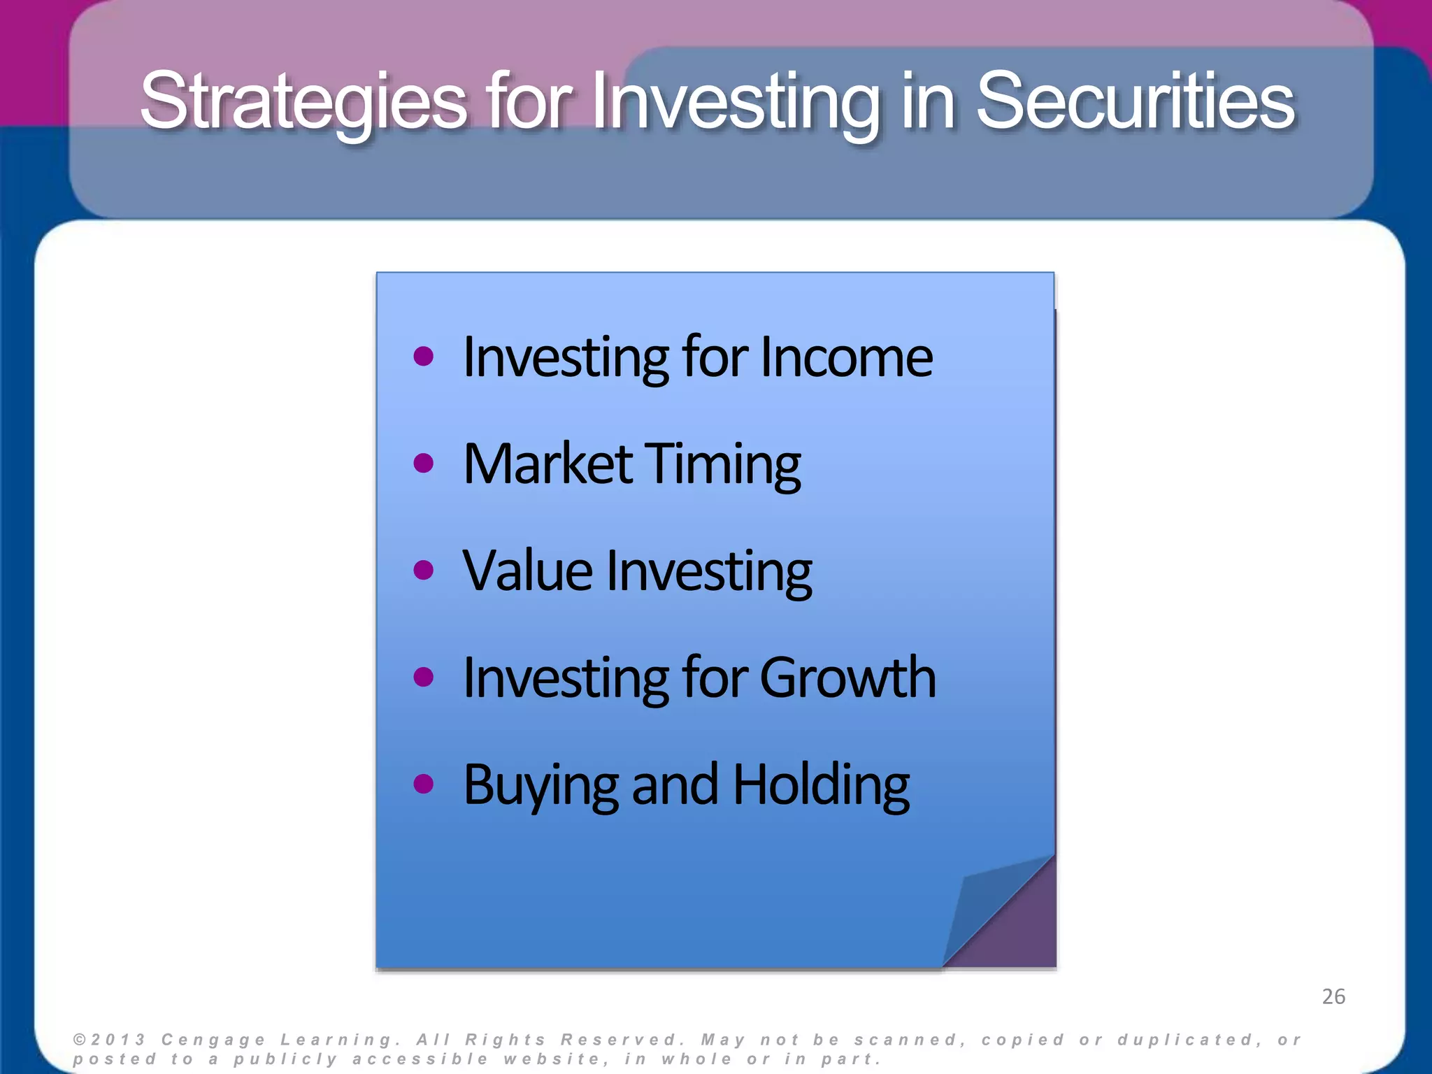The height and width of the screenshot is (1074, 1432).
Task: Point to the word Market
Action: pos(547,464)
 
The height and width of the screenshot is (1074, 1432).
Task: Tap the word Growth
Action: pos(847,678)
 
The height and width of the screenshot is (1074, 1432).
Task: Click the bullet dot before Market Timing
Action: pos(423,464)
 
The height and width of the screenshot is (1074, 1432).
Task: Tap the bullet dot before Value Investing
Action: pos(423,571)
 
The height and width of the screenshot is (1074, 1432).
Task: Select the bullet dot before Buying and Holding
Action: pos(423,784)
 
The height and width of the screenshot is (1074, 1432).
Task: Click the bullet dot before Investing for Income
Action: pos(423,357)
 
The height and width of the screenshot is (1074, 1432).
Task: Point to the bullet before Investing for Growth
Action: pos(423,677)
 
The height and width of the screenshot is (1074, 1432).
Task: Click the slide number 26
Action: pos(1333,996)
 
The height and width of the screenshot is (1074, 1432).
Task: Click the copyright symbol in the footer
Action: pos(80,1040)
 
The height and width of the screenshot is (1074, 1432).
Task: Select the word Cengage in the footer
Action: pos(213,1040)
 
